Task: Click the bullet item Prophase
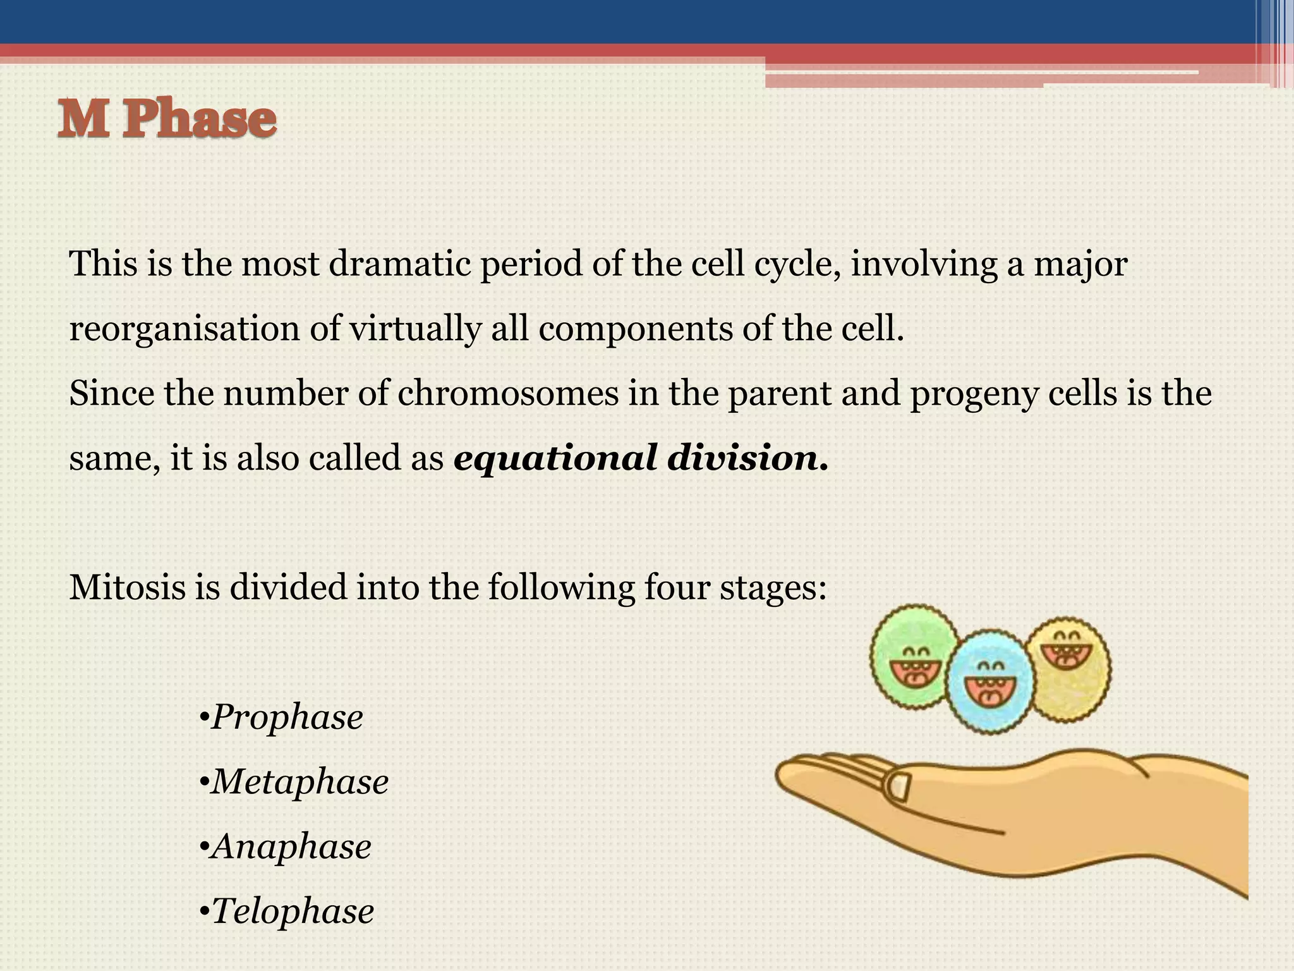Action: point(286,717)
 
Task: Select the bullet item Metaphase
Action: point(299,781)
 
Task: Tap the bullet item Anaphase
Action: point(291,846)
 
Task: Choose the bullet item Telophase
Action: point(292,911)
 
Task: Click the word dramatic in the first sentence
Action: point(400,264)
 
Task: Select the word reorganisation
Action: point(184,329)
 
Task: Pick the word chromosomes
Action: point(508,393)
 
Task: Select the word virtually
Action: point(415,329)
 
